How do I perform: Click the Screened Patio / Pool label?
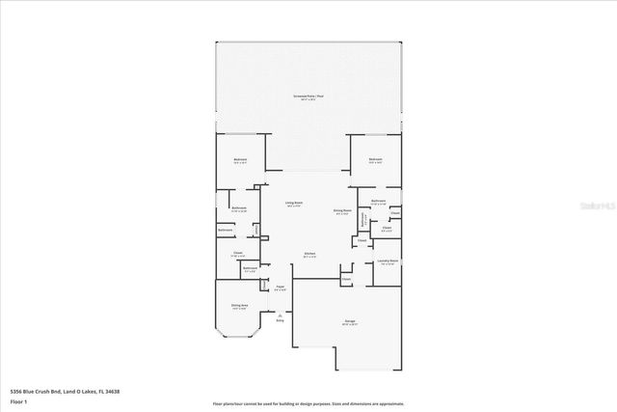pyautogui.click(x=308, y=96)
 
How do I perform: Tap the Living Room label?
pyautogui.click(x=294, y=204)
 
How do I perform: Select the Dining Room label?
pyautogui.click(x=341, y=211)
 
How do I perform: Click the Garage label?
pyautogui.click(x=349, y=321)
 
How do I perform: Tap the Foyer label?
pyautogui.click(x=281, y=287)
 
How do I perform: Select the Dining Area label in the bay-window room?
pyautogui.click(x=240, y=306)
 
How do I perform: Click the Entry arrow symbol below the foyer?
pyautogui.click(x=280, y=315)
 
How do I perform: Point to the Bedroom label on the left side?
pyautogui.click(x=240, y=160)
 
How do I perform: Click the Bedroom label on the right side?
pyautogui.click(x=375, y=160)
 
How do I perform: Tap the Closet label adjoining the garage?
pyautogui.click(x=346, y=279)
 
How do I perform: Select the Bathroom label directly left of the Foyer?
pyautogui.click(x=250, y=268)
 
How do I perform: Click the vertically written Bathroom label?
pyautogui.click(x=363, y=220)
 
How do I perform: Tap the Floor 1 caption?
pyautogui.click(x=17, y=400)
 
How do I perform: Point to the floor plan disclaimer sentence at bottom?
pyautogui.click(x=308, y=403)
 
